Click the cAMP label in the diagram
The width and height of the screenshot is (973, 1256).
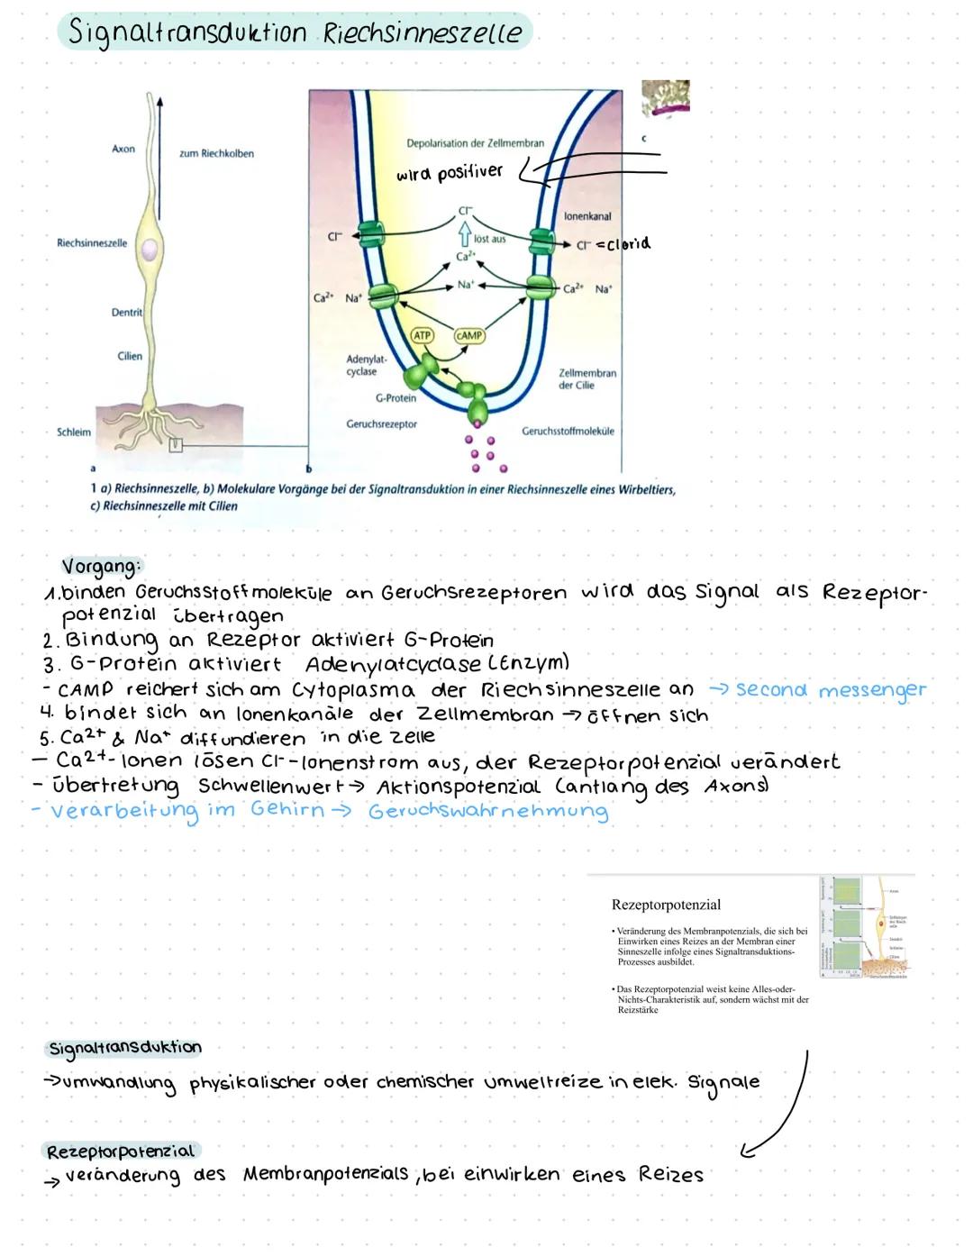click(x=469, y=335)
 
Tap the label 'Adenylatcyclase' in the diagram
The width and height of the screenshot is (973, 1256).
click(x=362, y=365)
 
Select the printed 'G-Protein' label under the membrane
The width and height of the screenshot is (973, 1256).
click(x=396, y=397)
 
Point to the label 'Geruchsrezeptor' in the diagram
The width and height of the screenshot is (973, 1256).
click(x=381, y=423)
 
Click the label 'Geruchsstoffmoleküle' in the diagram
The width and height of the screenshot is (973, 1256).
click(x=568, y=431)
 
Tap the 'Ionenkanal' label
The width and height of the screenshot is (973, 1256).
click(x=587, y=216)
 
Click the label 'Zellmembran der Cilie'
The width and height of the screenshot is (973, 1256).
click(x=587, y=378)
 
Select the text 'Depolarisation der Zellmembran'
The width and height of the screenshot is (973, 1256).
click(x=475, y=143)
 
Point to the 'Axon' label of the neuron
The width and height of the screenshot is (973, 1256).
click(x=123, y=149)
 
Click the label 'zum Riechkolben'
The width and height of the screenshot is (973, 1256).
click(x=216, y=153)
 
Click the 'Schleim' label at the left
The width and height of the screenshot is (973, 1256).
click(x=74, y=432)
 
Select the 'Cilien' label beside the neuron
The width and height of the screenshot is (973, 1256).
click(x=130, y=356)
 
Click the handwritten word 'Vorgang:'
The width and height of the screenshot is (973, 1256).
click(x=102, y=567)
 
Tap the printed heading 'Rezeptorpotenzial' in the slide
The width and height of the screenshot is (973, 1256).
click(x=666, y=904)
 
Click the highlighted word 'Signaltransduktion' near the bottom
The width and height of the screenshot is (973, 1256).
click(x=124, y=1048)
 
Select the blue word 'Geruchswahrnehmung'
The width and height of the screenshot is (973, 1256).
click(x=487, y=810)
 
